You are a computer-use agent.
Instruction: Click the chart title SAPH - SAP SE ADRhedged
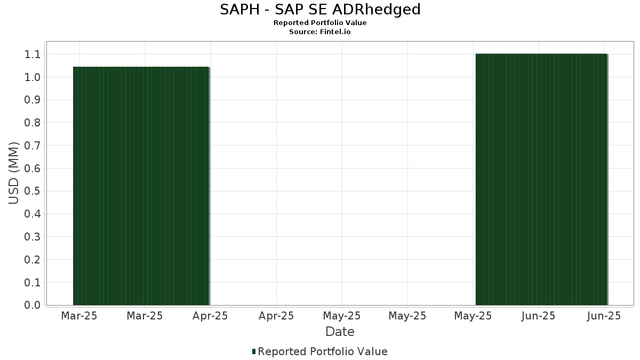point(320,10)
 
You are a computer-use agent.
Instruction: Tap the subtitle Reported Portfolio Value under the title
point(320,23)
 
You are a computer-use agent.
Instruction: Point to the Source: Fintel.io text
point(320,32)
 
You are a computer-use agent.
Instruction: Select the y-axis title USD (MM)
point(14,173)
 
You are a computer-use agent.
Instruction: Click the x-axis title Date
point(340,332)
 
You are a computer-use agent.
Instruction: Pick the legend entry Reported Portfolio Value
point(322,351)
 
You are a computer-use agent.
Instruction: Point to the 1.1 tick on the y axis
point(33,54)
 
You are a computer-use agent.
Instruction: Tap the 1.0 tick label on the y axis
point(33,77)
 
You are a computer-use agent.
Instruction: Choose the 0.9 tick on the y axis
point(33,100)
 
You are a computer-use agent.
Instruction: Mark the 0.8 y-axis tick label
point(33,123)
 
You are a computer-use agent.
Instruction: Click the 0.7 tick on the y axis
point(33,146)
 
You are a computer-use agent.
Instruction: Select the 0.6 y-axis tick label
point(33,169)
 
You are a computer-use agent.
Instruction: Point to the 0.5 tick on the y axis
point(33,191)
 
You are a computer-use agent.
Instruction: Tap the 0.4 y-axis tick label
point(33,214)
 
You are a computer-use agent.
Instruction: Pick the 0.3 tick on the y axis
point(33,237)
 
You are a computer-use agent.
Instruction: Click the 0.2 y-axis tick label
point(33,260)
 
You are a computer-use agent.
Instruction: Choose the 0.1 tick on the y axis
point(33,282)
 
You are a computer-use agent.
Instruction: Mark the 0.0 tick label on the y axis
point(33,305)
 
